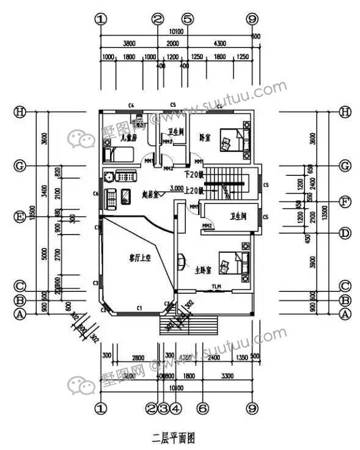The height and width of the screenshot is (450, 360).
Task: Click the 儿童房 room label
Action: pos(128,139)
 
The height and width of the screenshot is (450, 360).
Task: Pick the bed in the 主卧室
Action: pos(235,263)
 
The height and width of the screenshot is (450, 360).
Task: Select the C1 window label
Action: pos(139,308)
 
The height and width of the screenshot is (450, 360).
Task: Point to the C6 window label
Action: pos(95,194)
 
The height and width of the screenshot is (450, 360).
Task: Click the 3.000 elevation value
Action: pos(177,187)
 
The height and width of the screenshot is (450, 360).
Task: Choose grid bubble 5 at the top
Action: pos(188,19)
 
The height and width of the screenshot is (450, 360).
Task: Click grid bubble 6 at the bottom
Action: pos(204,407)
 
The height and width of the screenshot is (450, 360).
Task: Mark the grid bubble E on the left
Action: pos(20,217)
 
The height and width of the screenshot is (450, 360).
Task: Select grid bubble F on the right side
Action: pos(345,200)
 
